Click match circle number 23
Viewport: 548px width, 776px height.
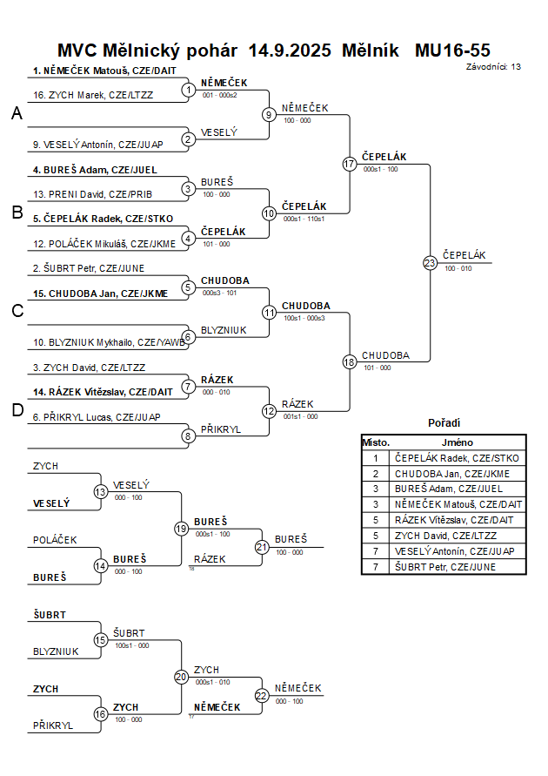[430, 262]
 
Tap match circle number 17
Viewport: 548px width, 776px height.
[350, 164]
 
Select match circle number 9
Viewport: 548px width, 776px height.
[270, 114]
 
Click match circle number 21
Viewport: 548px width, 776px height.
[262, 547]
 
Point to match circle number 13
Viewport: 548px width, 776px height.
[101, 492]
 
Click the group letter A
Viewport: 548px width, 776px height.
[17, 113]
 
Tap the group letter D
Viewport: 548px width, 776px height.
[17, 411]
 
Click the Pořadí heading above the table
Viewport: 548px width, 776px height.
[444, 423]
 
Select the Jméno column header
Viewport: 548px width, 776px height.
[456, 442]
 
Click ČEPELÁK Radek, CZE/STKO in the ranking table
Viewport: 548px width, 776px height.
[457, 457]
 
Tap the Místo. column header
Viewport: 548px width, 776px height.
[376, 442]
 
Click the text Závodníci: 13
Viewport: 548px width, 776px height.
[493, 66]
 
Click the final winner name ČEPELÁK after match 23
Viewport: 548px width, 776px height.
[464, 255]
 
